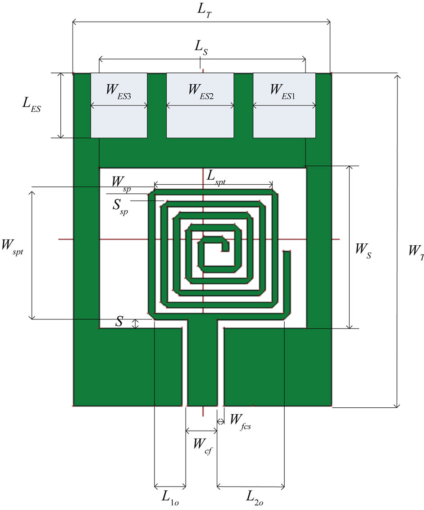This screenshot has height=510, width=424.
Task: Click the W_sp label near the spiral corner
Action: click(121, 183)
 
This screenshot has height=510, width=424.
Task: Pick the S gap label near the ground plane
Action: click(119, 321)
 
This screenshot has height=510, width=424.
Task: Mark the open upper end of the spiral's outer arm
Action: click(286, 254)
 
